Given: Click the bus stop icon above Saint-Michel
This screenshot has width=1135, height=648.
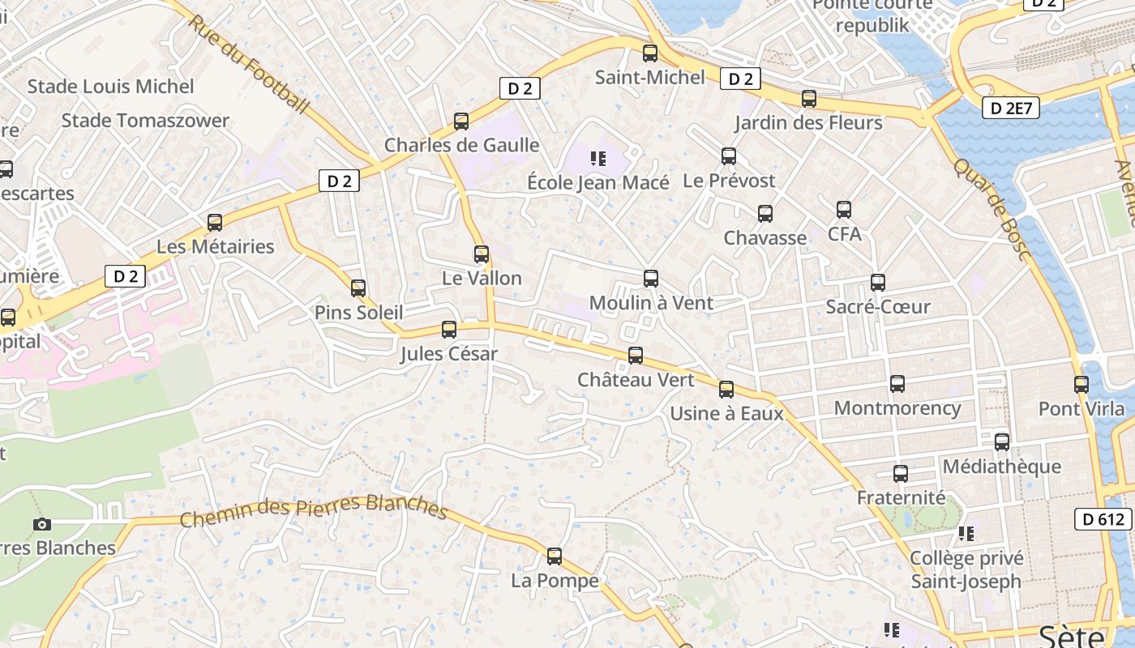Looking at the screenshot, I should [649, 53].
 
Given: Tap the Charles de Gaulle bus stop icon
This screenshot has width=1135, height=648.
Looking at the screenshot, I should [461, 122].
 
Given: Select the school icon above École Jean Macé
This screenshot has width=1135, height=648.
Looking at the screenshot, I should [598, 158].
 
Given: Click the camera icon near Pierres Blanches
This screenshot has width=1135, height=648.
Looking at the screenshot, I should [42, 524].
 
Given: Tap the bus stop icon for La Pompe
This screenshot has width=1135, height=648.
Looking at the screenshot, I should [555, 556].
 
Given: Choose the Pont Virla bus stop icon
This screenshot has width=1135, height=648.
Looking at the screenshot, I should [1081, 385].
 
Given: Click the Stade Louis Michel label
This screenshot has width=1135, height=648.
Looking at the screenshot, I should [111, 86].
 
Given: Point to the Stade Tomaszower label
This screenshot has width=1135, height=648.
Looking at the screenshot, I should [145, 121].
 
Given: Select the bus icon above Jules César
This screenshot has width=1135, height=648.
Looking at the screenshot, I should [449, 330].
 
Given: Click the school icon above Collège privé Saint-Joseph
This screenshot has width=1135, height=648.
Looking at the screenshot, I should [966, 533].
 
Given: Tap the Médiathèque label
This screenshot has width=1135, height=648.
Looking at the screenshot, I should [1001, 467].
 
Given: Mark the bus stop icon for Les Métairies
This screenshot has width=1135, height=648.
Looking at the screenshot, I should [215, 223].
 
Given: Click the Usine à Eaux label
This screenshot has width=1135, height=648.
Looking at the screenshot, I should [726, 413].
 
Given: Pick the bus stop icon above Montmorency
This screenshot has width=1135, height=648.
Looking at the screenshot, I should [897, 384].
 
